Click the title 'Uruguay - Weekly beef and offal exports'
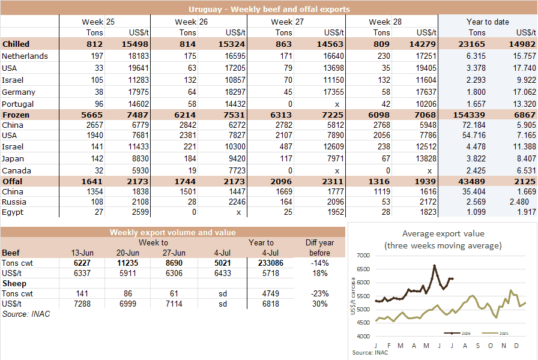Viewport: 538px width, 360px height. coord(269,9)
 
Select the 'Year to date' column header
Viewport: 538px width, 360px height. coord(488,22)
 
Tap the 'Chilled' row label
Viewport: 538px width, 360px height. coord(16,44)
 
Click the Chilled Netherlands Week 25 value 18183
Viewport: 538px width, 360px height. coord(138,56)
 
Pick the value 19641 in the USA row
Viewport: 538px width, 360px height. coord(138,68)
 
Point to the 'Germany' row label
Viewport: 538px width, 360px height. coord(19,92)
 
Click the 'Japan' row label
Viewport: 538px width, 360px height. coord(13,159)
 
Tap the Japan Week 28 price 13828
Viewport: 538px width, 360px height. coord(426,159)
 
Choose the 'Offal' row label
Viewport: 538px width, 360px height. coord(13,181)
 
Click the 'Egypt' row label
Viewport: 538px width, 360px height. coord(13,212)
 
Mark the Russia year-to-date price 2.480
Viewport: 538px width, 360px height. coord(519,202)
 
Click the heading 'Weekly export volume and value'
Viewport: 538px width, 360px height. coord(172,232)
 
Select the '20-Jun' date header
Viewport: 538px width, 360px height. coord(128,253)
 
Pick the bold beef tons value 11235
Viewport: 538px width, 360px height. coord(128,263)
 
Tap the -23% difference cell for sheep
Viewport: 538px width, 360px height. coord(319,294)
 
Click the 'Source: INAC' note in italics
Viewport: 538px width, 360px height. coord(26,314)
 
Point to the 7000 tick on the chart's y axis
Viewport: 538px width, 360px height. coord(363,256)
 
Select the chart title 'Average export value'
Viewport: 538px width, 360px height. coord(443,234)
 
